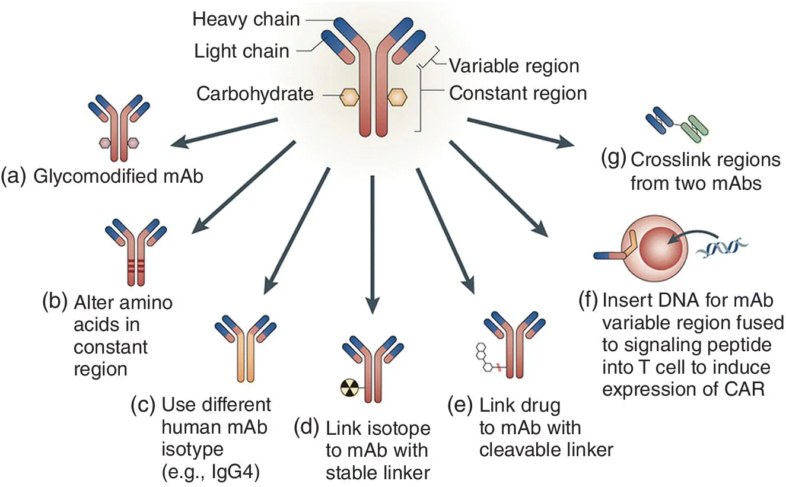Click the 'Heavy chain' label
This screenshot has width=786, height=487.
tap(246, 20)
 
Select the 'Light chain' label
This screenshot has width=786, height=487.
tap(241, 51)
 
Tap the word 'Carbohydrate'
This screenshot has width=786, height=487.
tap(255, 94)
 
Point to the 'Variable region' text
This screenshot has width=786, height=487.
tap(514, 65)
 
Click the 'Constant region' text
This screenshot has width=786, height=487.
tap(518, 93)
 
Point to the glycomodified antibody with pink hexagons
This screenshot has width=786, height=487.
tap(121, 128)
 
